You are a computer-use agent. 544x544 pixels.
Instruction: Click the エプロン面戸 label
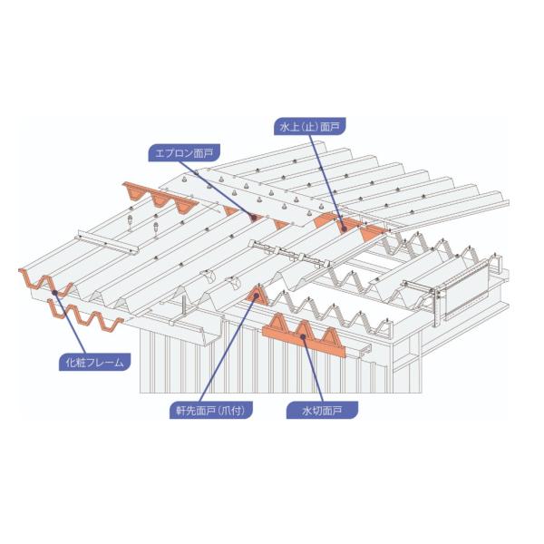184,153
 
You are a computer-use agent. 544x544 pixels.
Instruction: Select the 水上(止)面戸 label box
309,126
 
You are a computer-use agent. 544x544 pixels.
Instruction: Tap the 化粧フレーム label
94,363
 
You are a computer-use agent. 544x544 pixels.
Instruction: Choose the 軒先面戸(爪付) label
211,411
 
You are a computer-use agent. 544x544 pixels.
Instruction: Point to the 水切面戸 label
322,411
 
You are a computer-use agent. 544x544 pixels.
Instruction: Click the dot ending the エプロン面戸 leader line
253,218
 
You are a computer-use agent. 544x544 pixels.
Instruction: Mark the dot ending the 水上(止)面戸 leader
344,228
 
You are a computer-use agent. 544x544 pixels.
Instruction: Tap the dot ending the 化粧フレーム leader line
54,293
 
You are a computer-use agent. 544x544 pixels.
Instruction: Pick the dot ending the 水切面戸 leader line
304,335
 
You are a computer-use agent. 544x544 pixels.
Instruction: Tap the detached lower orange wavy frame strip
85,316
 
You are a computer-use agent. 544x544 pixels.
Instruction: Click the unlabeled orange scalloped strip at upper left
160,198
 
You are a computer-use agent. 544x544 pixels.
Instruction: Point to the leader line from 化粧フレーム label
71,324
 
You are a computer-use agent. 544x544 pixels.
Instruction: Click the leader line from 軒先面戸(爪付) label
228,349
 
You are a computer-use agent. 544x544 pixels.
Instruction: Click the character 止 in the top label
309,127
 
